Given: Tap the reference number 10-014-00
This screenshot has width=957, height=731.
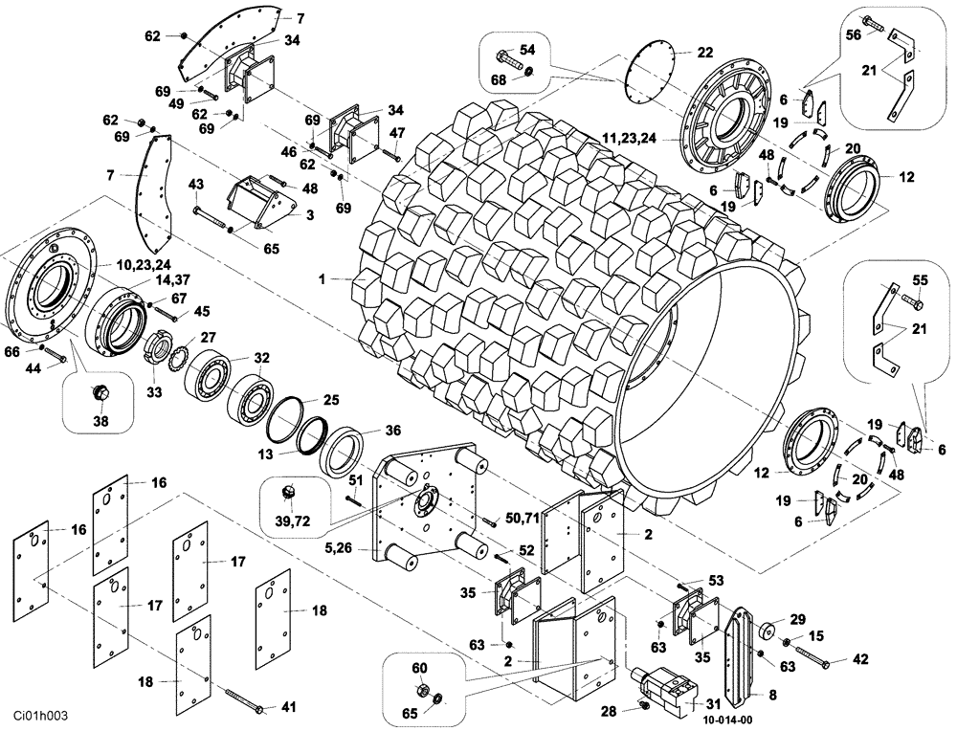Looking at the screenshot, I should [729, 720].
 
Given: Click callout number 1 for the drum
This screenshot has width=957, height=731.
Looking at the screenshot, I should [323, 278].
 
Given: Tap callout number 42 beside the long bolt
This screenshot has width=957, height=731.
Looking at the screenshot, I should [860, 659].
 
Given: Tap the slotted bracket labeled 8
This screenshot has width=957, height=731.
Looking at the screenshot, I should [750, 651].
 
